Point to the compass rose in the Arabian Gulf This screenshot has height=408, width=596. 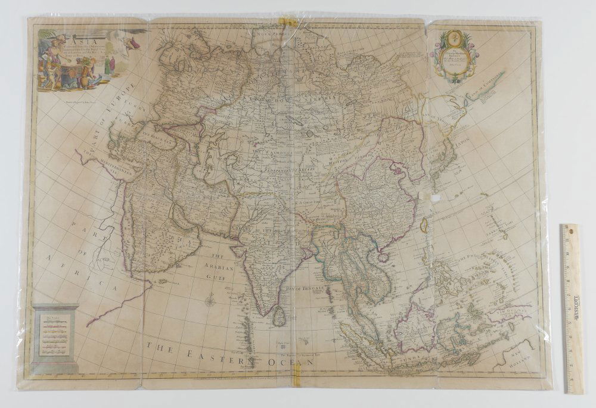click(x=210, y=301)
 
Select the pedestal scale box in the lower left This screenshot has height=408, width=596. click(x=55, y=337)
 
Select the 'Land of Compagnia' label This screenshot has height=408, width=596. click(x=484, y=83)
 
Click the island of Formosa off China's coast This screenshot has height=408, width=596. click(x=424, y=225)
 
